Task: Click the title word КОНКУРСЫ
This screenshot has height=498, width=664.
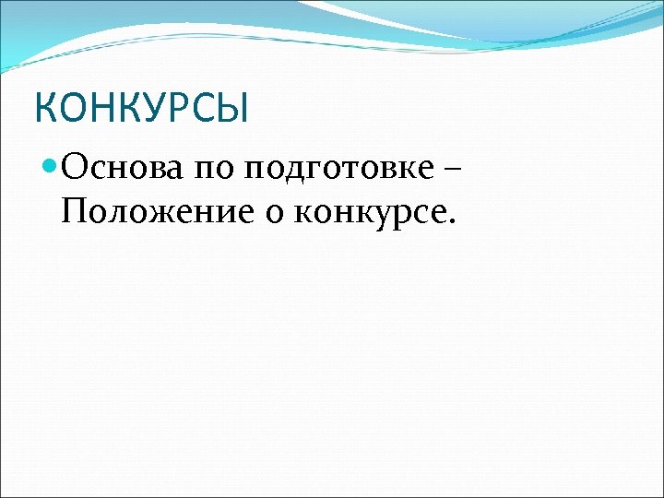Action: [x=141, y=107]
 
